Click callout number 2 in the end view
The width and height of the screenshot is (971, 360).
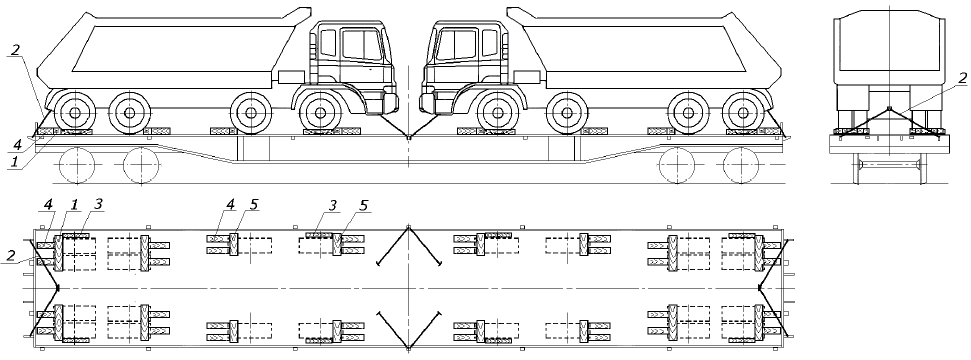point(962,77)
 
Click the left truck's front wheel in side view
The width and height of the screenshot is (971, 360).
point(320,113)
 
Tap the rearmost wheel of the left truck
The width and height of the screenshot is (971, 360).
point(75,113)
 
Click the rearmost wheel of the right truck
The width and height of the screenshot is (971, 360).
point(742,113)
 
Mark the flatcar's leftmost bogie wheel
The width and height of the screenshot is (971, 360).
point(77,165)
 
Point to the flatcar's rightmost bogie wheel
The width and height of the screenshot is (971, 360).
point(741,165)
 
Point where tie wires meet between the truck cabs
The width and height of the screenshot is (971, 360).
point(409,138)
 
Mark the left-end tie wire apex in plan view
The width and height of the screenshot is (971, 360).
point(58,288)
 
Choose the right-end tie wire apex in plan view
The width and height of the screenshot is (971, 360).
point(760,288)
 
